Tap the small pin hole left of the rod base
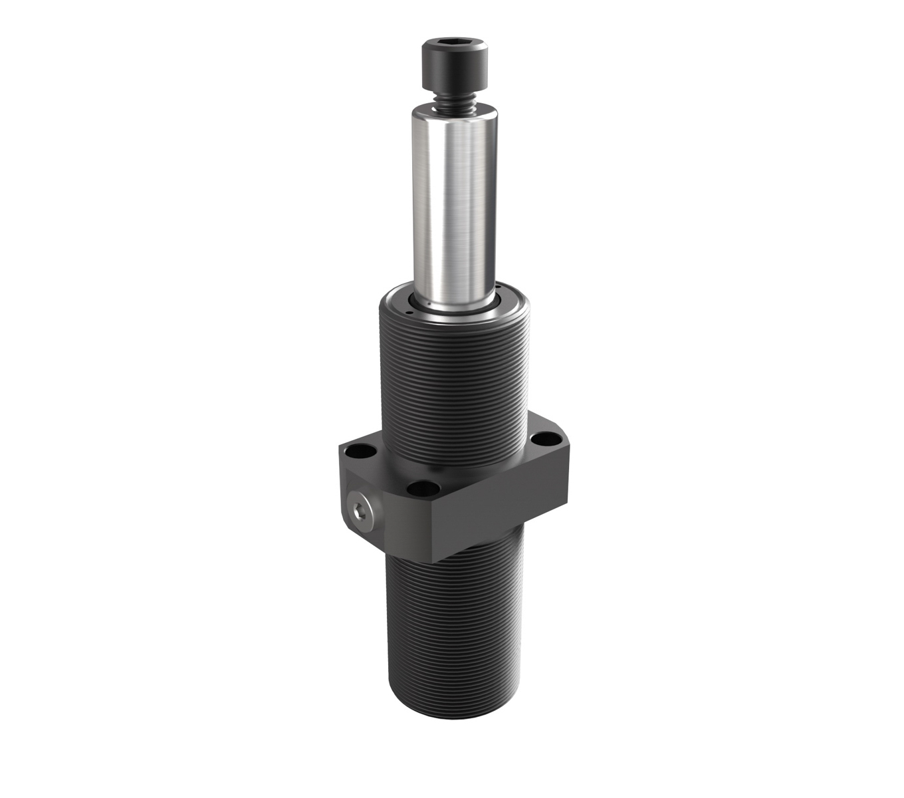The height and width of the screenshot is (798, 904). [411, 309]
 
